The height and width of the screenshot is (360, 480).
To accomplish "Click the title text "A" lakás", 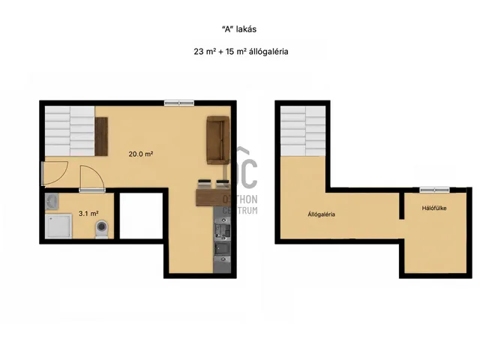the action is click(239, 29).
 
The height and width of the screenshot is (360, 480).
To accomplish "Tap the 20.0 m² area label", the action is click(141, 154).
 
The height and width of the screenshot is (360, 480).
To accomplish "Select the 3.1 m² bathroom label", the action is click(88, 213).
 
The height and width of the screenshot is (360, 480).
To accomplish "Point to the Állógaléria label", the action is click(321, 214).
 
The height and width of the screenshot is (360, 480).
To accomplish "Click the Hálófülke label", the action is click(434, 208).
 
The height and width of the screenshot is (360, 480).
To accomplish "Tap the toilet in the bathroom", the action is click(102, 229).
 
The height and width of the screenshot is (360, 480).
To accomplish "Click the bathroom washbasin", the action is click(52, 202).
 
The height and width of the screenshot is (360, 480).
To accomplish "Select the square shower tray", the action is click(58, 226).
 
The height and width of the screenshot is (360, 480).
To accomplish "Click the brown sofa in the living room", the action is click(218, 140).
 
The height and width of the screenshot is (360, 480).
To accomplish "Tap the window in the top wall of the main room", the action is click(179, 103).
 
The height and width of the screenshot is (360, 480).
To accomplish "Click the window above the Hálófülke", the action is click(434, 190).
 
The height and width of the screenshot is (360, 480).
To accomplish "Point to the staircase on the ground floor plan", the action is click(70, 131).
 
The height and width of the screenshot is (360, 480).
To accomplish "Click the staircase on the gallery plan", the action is click(303, 131).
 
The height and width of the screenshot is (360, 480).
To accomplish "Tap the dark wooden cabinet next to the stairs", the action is click(101, 136).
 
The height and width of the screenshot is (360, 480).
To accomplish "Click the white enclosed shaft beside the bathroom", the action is click(141, 216).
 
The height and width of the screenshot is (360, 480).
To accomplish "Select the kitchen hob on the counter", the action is click(222, 232).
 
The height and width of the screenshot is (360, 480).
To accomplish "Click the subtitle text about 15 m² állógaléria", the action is click(241, 52).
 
